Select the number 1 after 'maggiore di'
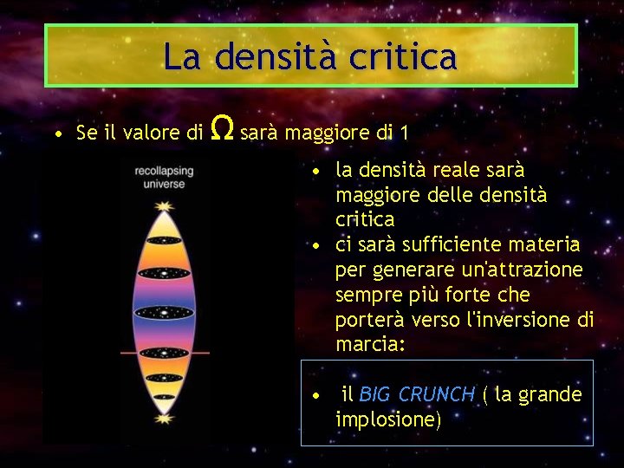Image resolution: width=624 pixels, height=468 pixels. coord(404,133)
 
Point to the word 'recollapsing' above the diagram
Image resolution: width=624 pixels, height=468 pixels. coord(164,172)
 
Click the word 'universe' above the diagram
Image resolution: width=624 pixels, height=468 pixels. coord(164,184)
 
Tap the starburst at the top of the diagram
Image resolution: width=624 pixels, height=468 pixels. coord(163,205)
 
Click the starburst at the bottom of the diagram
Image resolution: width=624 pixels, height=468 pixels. coord(163,419)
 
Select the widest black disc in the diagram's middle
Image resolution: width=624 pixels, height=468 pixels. coord(163,312)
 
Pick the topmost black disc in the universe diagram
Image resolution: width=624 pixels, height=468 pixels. coord(163,239)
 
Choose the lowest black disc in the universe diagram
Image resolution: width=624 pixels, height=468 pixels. coord(163,384)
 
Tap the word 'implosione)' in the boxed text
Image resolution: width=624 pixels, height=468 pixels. coord(388,419)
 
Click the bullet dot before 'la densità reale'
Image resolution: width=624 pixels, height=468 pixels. coord(319,171)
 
